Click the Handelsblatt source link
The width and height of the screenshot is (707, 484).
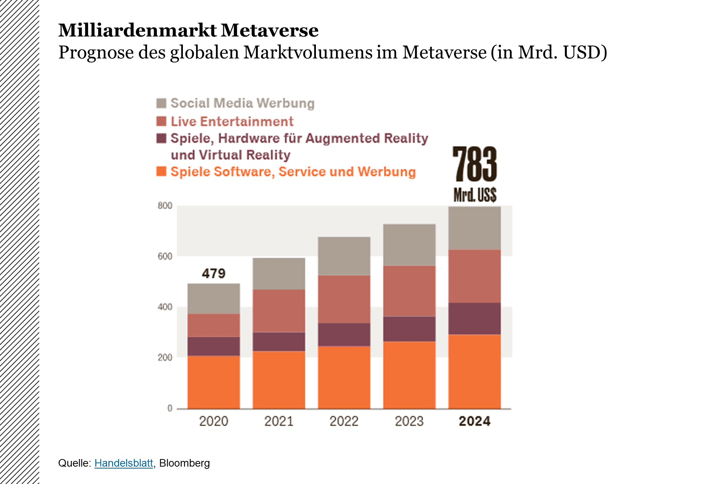124,463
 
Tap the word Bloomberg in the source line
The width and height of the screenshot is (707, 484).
184,463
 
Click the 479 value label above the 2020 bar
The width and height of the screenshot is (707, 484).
213,273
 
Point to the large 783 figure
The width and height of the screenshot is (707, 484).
475,164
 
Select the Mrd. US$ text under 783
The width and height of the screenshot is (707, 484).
475,195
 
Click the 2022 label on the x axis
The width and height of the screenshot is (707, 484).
344,421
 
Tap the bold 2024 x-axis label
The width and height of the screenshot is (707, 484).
475,421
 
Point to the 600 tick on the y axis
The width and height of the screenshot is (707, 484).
165,256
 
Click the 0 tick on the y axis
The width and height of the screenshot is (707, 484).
170,408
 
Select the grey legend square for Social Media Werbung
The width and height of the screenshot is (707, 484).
161,103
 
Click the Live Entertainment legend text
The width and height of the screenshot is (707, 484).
232,121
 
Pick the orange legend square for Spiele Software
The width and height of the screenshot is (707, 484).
161,171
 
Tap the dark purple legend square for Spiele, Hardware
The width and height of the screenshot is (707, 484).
161,138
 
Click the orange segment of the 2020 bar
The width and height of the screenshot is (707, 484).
213,382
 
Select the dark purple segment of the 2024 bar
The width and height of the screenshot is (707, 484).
475,318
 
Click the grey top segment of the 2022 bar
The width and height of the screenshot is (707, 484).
344,256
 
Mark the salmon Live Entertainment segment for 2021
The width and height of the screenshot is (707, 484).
279,311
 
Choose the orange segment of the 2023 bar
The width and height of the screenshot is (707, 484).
409,375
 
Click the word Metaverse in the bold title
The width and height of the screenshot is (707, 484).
269,30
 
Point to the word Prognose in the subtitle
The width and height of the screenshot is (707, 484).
96,52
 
